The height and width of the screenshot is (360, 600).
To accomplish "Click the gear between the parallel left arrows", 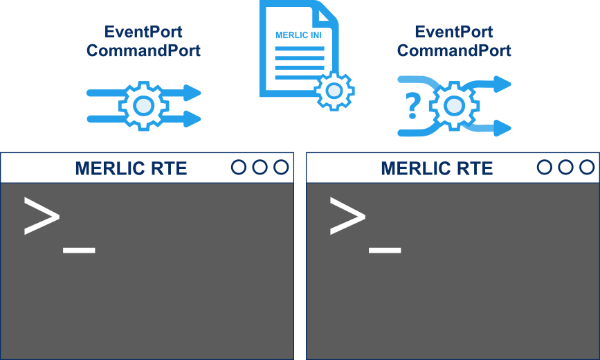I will [143, 105].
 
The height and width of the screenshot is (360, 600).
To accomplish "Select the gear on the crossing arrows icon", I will [453, 106].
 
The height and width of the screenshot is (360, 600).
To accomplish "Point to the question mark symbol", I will [413, 106].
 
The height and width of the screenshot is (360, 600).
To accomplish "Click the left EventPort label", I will [143, 32].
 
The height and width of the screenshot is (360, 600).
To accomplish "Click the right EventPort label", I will [453, 32].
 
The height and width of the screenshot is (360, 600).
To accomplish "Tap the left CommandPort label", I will [143, 51].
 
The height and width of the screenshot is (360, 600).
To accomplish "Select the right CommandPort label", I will [453, 51].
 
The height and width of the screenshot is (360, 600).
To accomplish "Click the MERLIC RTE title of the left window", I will [131, 168].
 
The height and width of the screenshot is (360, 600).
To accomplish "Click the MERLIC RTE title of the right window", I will [437, 168].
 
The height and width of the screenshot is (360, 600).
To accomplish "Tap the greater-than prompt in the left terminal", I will [42, 215].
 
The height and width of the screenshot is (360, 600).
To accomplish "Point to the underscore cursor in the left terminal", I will [79, 250].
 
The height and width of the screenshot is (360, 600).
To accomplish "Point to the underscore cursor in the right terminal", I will [385, 250].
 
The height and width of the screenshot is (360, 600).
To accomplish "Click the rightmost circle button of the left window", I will [280, 167].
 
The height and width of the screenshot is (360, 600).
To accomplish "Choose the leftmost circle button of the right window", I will [545, 167].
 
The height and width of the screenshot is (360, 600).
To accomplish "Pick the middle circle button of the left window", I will [260, 167].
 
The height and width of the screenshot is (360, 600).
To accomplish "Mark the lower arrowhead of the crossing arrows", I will [503, 128].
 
